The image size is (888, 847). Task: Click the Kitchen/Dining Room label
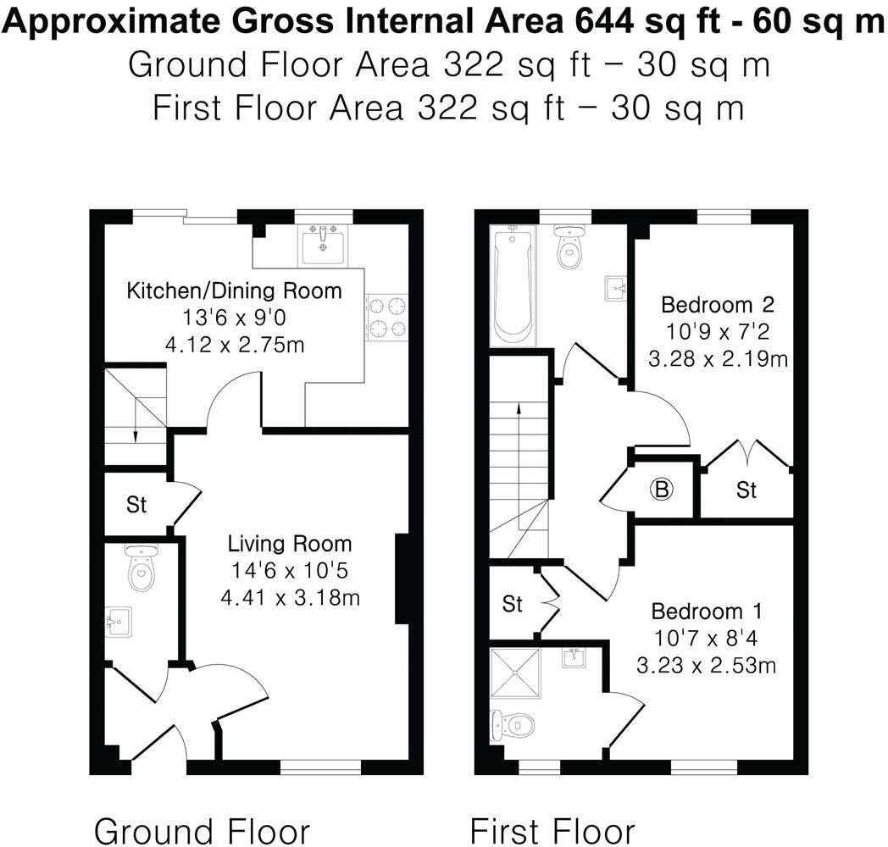234,291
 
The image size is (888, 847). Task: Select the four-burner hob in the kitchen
386,317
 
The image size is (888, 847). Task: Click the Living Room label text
289,544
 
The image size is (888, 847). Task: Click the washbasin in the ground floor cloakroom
116,623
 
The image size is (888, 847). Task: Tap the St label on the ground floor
136,506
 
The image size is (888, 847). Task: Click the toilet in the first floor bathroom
569,246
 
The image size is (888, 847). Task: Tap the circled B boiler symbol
663,489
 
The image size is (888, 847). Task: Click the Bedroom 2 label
706,304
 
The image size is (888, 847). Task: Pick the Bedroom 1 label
707,612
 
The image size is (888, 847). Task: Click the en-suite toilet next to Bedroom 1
512,725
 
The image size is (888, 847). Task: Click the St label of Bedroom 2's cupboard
746,490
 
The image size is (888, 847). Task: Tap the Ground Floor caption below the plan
202,829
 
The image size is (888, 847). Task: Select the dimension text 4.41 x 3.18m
290,598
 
